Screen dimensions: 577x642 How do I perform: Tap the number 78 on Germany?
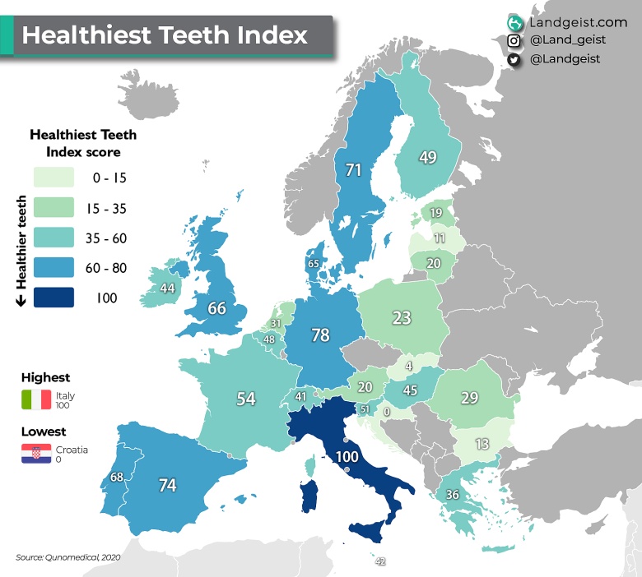[x=321, y=335]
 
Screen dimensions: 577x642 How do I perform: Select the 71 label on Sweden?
[x=354, y=170]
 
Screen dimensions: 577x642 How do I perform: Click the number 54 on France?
[x=246, y=399]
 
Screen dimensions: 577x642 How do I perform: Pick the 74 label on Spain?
[x=167, y=485]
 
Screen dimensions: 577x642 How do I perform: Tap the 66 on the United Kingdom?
[x=216, y=309]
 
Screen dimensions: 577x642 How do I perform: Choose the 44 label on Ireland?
[x=167, y=288]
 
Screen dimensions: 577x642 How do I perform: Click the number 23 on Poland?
[x=402, y=317]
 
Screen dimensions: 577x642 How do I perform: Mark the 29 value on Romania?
[x=469, y=397]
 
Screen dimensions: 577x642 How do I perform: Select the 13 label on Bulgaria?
[x=482, y=445]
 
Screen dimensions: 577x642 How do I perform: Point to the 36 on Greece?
[x=452, y=495]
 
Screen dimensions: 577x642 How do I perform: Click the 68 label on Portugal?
[x=117, y=477]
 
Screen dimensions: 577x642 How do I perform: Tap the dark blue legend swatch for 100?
[x=53, y=297]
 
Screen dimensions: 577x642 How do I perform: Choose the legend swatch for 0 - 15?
[x=53, y=177]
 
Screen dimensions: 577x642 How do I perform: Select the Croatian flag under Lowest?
[x=36, y=453]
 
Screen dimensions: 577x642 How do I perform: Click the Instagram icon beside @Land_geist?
[x=514, y=40]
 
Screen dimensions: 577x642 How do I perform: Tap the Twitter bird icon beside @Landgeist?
[x=514, y=59]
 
